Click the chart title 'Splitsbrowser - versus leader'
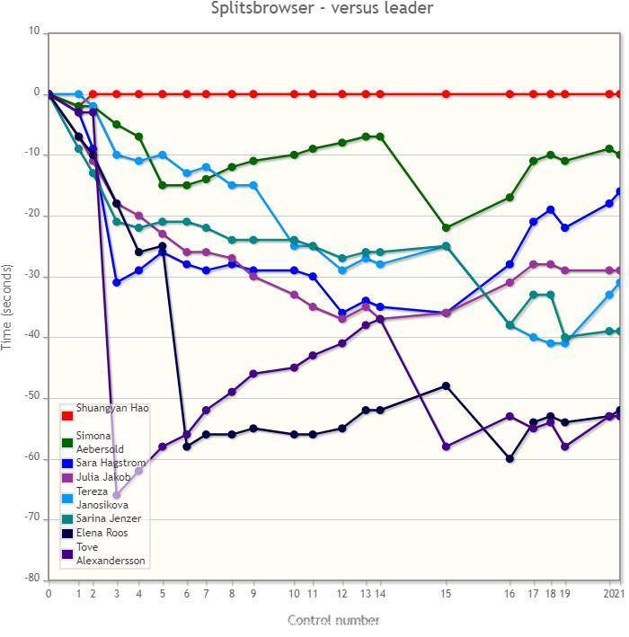322,9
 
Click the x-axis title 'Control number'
333,620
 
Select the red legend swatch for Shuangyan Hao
66,416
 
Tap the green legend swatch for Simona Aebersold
66,442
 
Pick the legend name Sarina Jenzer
108,518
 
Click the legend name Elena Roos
101,533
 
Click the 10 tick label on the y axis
34,32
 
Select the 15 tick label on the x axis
446,594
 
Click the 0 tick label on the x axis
49,594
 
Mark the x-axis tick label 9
253,594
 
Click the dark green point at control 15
446,227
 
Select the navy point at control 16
509,458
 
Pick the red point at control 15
446,93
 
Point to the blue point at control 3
117,282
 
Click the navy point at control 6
187,446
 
